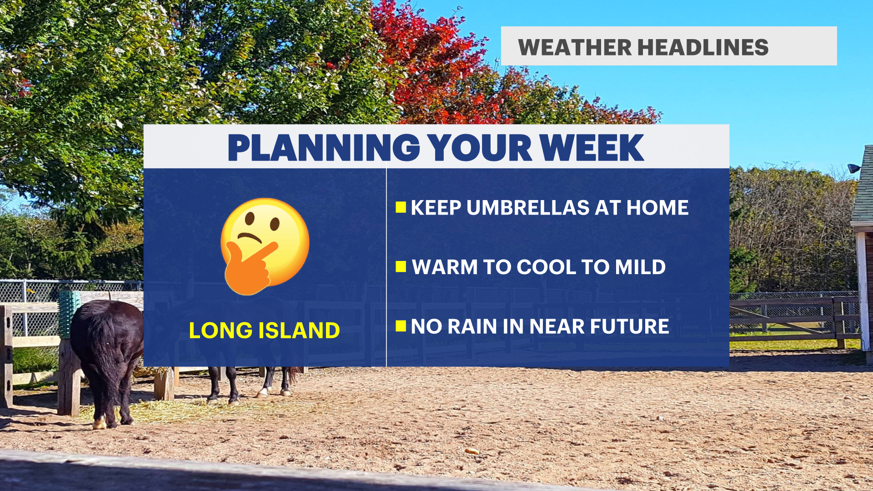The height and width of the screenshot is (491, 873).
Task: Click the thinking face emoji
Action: point(265,246)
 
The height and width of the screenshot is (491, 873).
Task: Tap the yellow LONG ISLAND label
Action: point(264,331)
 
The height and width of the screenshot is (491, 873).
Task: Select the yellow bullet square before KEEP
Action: point(401,207)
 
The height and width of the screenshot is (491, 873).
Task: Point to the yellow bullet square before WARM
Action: point(401,266)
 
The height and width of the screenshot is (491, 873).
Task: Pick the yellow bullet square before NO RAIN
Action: point(401,326)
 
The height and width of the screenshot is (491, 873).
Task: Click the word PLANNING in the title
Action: point(323,148)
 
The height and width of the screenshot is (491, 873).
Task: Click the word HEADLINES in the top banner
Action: point(703,47)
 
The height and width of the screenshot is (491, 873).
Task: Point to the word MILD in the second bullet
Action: point(640,267)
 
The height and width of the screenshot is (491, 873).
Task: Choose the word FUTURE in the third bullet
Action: point(629,326)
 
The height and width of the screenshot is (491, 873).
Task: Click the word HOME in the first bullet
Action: point(657,208)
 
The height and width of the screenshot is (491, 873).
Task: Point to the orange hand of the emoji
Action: point(250,269)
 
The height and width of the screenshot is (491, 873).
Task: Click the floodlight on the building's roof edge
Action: point(853,168)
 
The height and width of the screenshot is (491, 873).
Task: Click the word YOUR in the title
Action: point(480,148)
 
